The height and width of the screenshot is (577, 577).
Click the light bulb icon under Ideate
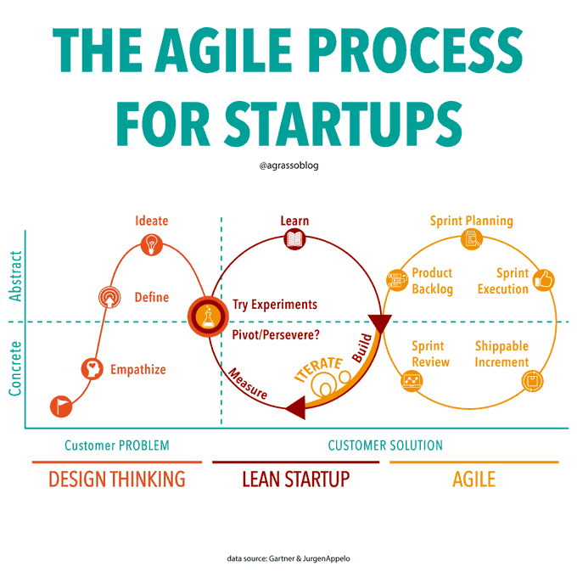click(152, 244)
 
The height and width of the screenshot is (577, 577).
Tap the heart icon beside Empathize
click(92, 369)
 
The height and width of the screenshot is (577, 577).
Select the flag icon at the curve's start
click(61, 406)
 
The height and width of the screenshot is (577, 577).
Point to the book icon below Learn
click(294, 240)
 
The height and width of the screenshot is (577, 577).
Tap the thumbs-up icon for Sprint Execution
click(543, 278)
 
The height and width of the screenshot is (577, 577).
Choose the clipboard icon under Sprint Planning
click(471, 240)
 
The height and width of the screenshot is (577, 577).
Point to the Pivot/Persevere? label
click(276, 334)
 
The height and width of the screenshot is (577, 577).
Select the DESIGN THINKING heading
click(117, 479)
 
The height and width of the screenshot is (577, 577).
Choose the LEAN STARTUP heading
click(295, 479)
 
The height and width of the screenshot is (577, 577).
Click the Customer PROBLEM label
click(117, 445)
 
